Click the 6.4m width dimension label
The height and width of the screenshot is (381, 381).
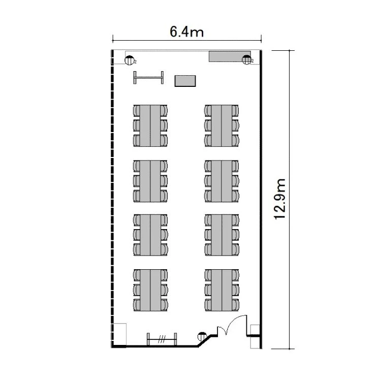coord(186,32)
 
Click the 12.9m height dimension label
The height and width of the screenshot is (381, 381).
coord(279,199)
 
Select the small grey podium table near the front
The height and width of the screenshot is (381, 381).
coord(185,81)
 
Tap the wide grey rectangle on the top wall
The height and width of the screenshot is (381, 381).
coord(230,56)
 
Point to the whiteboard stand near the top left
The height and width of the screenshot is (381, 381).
coord(148,78)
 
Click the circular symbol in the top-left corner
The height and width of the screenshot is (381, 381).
coord(129,60)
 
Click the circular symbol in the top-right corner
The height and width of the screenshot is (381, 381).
coord(246,60)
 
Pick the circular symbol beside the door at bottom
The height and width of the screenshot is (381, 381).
coord(202,336)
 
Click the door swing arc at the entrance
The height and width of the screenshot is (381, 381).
coord(233,320)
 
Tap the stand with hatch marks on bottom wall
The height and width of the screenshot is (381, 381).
coord(162,339)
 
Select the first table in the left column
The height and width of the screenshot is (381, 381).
coord(150,126)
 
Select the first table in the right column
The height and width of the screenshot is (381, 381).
coord(221,126)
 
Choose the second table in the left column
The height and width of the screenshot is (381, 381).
coord(150,181)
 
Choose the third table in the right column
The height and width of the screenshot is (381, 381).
coord(221,235)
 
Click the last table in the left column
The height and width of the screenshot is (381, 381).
coord(150,290)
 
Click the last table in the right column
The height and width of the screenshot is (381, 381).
coord(221,290)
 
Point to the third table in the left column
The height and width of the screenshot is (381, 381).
coord(150,235)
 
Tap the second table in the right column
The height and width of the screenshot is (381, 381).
coord(221,181)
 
